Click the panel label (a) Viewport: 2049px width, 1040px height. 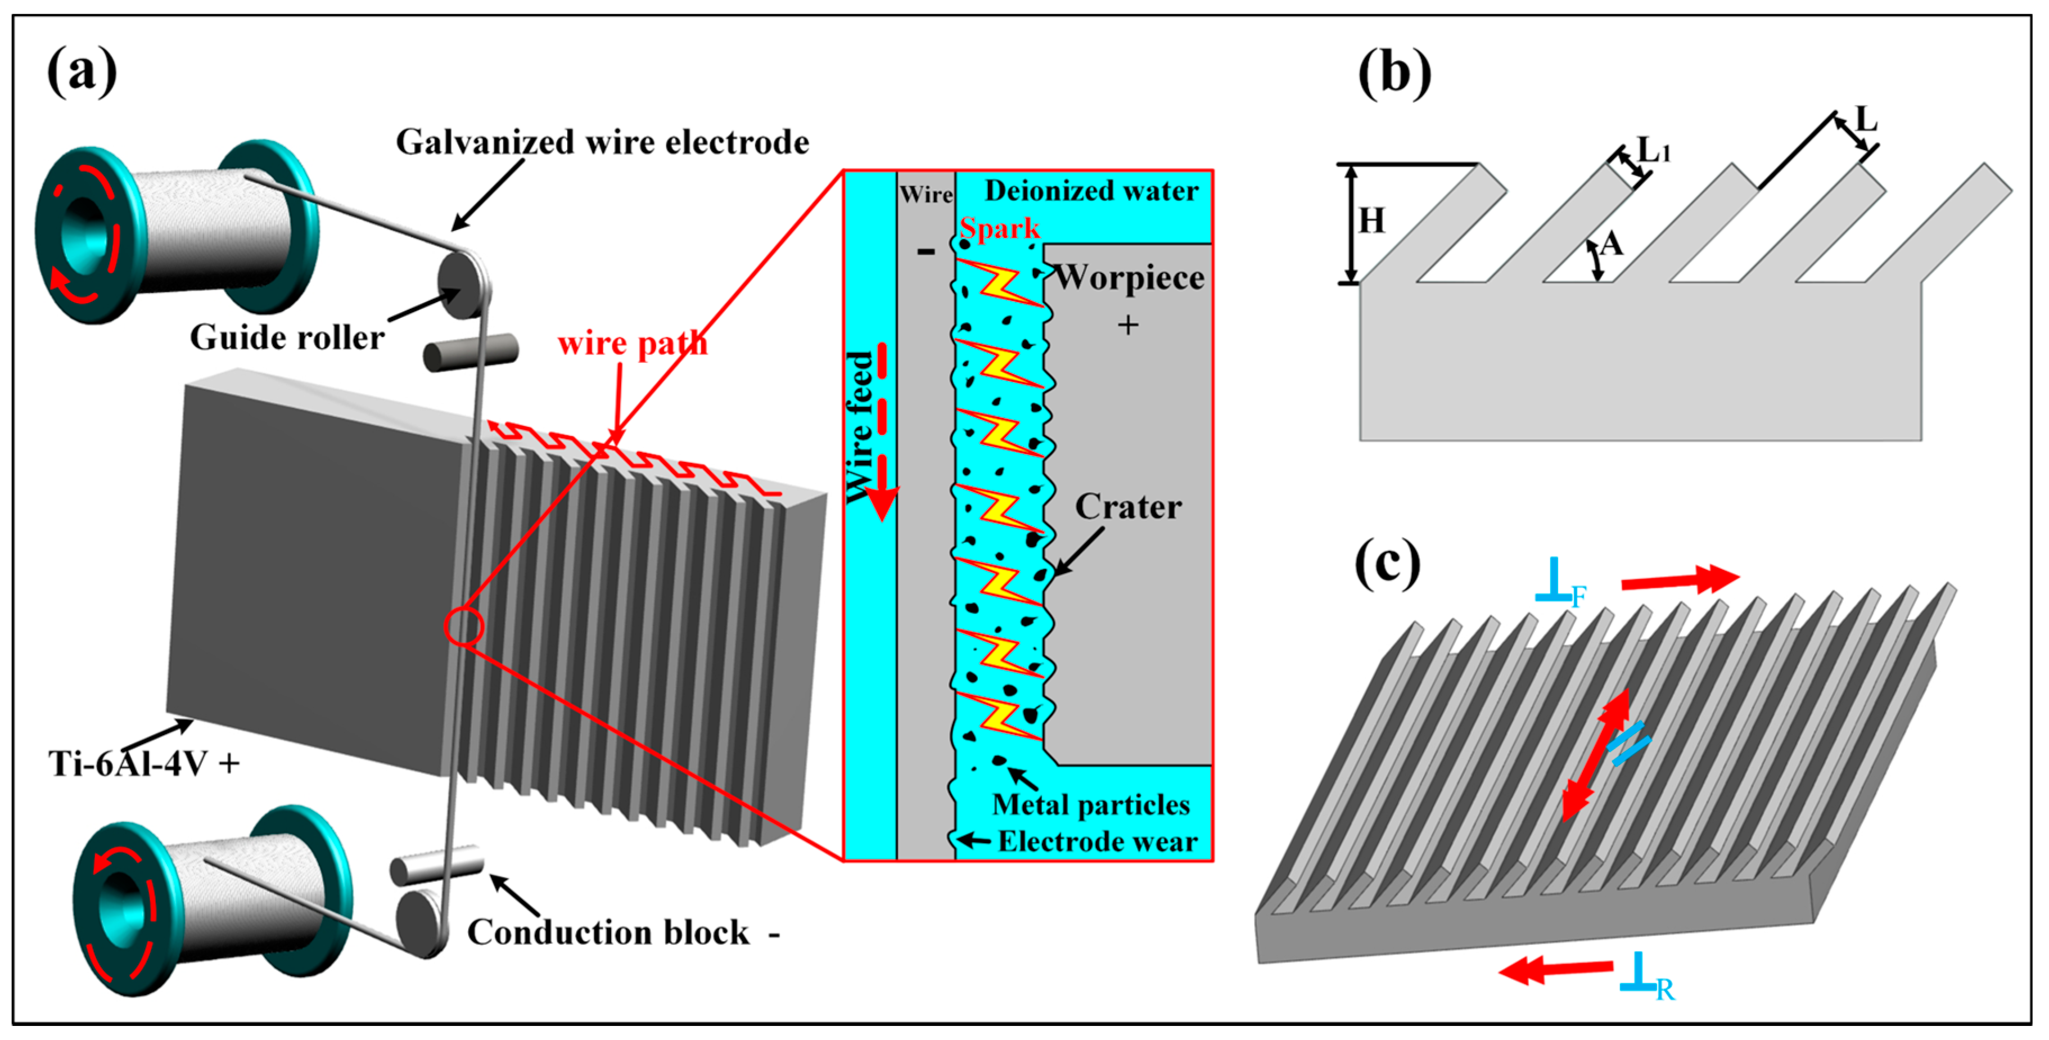point(82,71)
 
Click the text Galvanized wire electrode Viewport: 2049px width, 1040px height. point(602,142)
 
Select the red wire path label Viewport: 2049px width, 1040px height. point(633,344)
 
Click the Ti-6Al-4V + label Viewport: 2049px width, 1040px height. point(144,763)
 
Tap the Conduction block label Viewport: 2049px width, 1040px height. point(608,933)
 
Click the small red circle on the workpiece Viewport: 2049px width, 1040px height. point(464,627)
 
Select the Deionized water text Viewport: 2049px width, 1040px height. point(1091,191)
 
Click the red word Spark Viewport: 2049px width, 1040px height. point(999,228)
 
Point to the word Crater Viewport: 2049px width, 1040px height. point(1128,507)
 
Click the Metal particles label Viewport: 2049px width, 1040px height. point(1090,804)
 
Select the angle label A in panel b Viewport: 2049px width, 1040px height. point(1612,244)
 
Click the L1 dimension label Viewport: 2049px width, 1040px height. point(1654,149)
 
